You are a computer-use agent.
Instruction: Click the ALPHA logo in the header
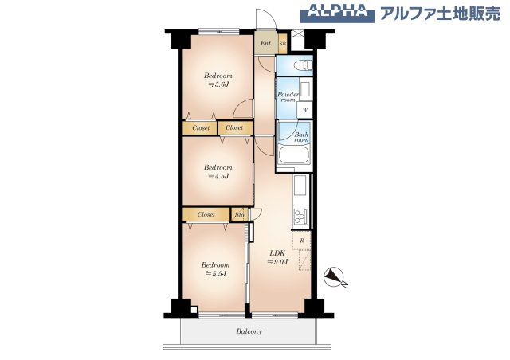[336, 13]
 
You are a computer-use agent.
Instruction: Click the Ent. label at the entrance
[265, 43]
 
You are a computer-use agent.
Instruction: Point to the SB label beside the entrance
[282, 44]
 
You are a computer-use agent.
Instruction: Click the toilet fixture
[301, 65]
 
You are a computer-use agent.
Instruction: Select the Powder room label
[288, 97]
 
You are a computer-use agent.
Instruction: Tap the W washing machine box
[304, 111]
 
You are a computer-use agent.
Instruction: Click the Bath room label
[301, 136]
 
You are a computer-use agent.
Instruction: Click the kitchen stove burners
[300, 216]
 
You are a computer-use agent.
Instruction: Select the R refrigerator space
[302, 239]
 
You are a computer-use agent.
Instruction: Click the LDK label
[277, 252]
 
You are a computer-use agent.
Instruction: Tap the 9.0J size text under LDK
[277, 262]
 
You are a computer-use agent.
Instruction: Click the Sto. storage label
[240, 214]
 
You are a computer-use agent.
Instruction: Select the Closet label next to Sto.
[206, 214]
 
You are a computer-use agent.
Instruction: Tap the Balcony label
[249, 331]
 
